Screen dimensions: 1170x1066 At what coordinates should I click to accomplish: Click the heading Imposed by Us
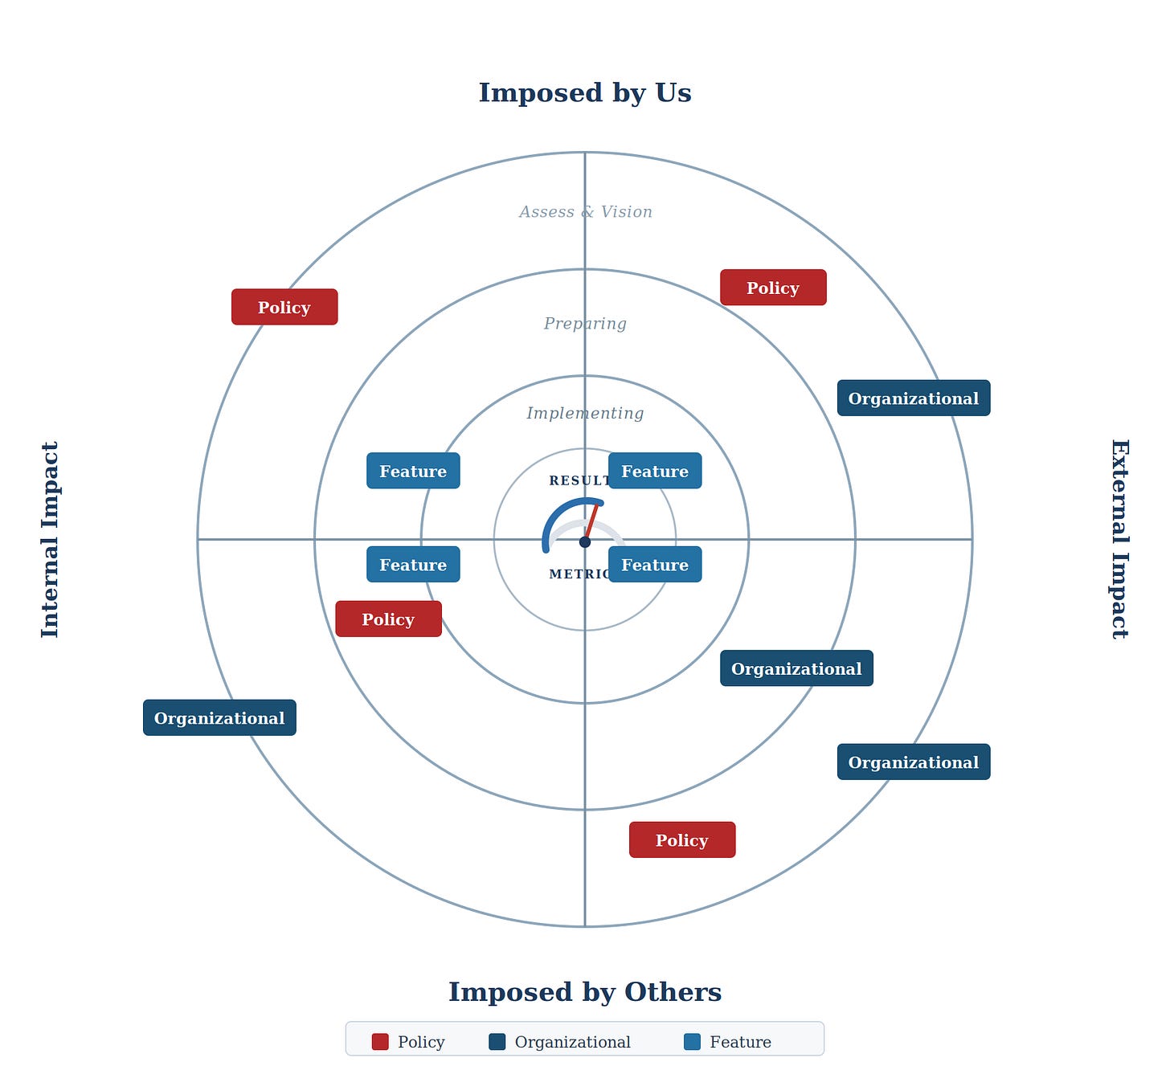pyautogui.click(x=584, y=93)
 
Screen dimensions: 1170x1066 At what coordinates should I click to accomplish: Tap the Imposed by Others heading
pyautogui.click(x=584, y=992)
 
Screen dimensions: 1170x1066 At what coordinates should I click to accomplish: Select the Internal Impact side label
pyautogui.click(x=50, y=539)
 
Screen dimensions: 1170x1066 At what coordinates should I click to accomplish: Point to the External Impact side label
pyautogui.click(x=1119, y=539)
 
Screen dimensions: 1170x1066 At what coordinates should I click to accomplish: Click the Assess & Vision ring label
pyautogui.click(x=585, y=212)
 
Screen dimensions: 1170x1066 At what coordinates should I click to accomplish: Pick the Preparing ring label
pyautogui.click(x=585, y=324)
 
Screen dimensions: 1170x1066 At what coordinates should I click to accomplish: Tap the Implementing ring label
pyautogui.click(x=585, y=414)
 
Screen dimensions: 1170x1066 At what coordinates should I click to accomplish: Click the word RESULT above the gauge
pyautogui.click(x=577, y=481)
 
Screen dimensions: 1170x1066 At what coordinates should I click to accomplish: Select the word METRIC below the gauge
pyautogui.click(x=577, y=574)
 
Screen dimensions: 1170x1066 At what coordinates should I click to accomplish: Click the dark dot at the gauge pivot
pyautogui.click(x=585, y=542)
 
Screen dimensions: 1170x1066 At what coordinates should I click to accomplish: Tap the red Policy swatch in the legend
pyautogui.click(x=380, y=1042)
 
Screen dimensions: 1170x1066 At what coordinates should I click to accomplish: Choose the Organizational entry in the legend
pyautogui.click(x=572, y=1042)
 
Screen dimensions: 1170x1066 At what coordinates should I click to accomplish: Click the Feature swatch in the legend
pyautogui.click(x=692, y=1042)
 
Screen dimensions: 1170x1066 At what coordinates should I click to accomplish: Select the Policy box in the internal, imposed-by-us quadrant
pyautogui.click(x=284, y=307)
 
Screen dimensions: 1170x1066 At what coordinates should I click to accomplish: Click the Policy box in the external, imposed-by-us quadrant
pyautogui.click(x=773, y=288)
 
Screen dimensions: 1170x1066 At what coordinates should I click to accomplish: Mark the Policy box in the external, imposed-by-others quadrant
pyautogui.click(x=682, y=840)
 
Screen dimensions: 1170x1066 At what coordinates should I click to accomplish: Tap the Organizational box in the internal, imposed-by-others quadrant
pyautogui.click(x=219, y=718)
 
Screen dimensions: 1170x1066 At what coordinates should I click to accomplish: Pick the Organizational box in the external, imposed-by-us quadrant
pyautogui.click(x=914, y=398)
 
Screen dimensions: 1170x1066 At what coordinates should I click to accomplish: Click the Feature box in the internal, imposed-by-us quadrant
pyautogui.click(x=413, y=471)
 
